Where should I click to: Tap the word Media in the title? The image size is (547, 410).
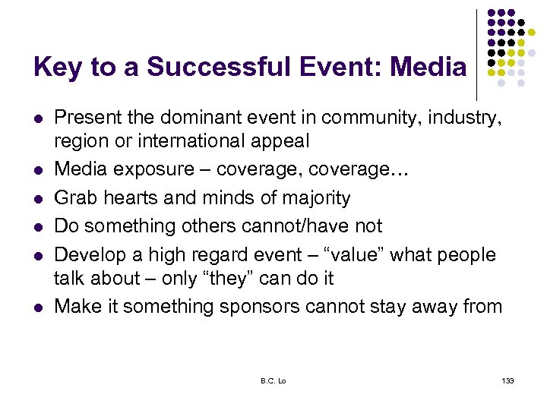428,68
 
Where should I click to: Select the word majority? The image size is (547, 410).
311,199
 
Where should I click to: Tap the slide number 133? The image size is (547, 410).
507,380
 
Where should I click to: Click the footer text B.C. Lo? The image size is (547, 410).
273,380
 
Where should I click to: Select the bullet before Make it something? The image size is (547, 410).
37,307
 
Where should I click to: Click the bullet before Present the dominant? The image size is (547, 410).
37,118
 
